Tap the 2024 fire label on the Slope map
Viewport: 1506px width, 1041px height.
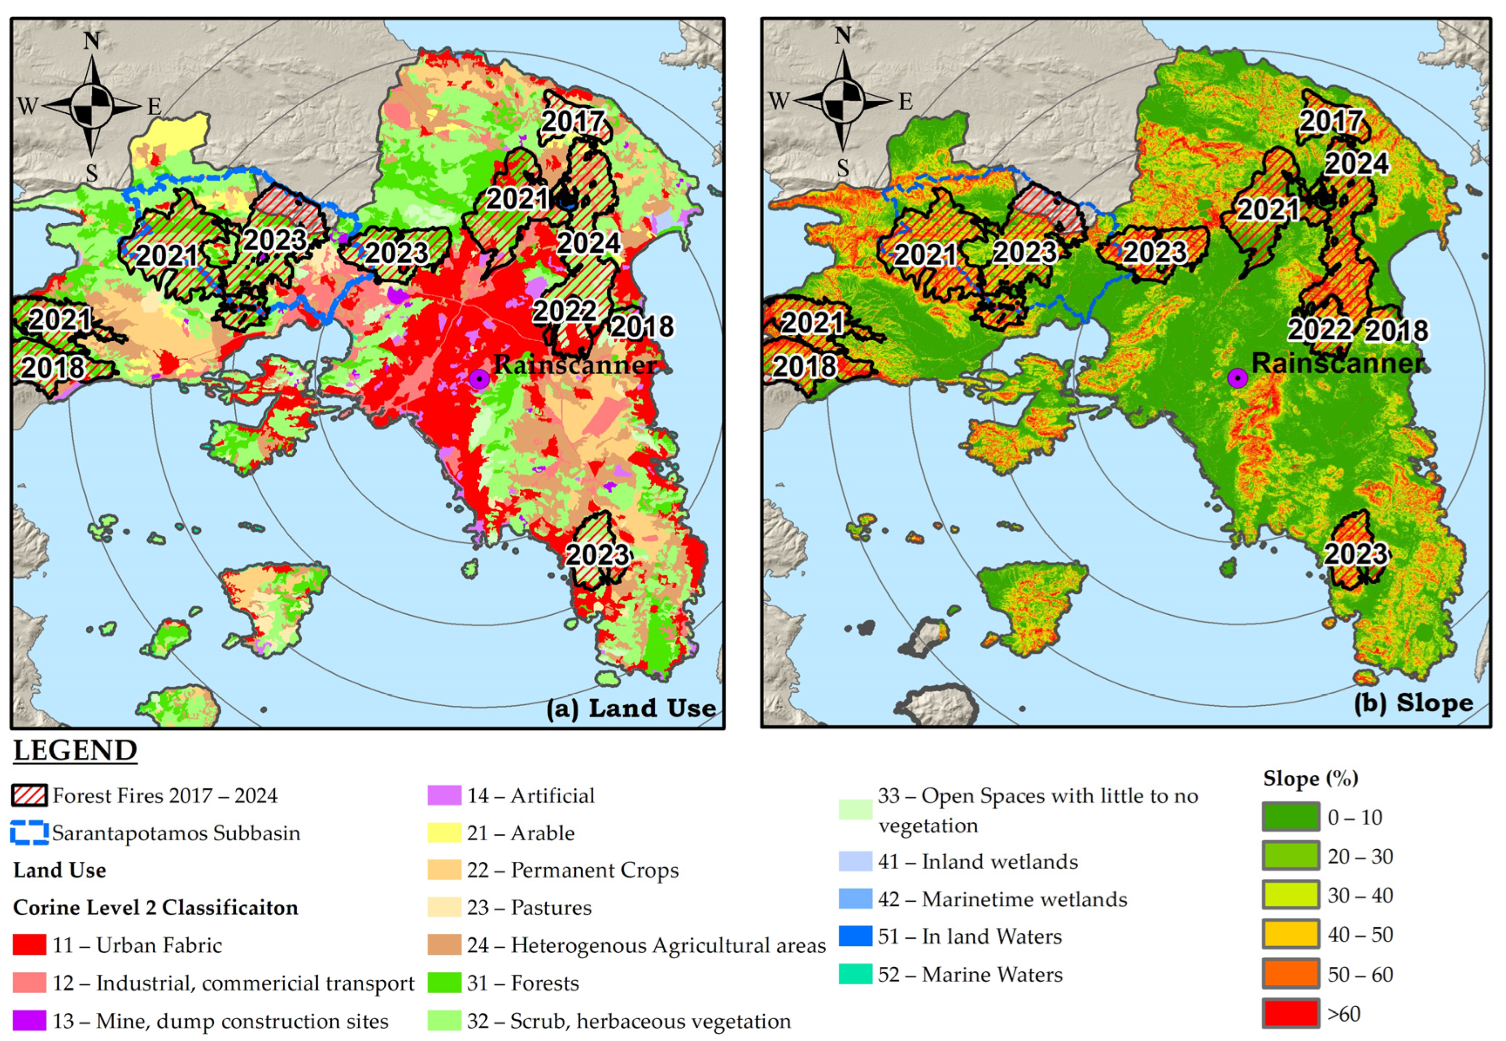coord(1356,163)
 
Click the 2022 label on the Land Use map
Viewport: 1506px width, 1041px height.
coord(565,311)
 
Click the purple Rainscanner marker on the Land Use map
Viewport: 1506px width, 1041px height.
coord(479,379)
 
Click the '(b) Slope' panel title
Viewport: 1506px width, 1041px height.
coord(1414,703)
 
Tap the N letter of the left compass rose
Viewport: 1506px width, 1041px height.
coord(92,41)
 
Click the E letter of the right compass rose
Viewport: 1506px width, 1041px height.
coord(906,102)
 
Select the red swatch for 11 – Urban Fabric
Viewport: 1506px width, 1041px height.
coord(30,945)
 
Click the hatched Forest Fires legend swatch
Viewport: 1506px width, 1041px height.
coord(30,795)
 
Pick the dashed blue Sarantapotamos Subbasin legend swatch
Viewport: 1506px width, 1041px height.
coord(30,832)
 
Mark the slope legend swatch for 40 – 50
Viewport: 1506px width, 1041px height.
coord(1291,934)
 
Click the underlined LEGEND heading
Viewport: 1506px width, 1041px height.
coord(75,750)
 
